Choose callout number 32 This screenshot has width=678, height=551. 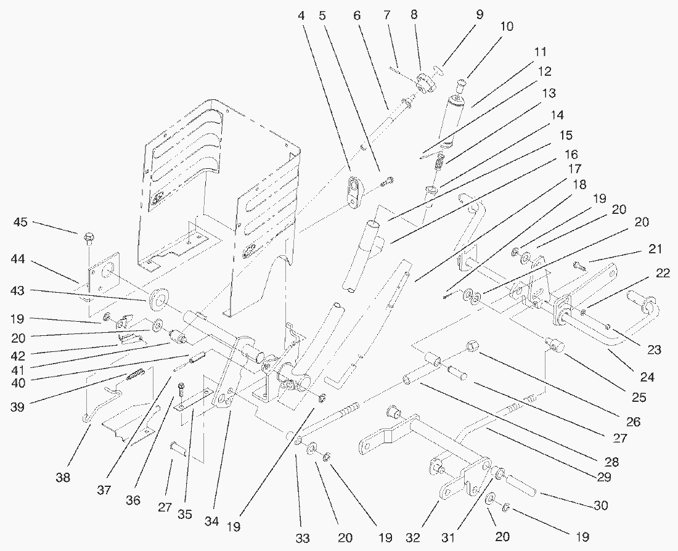click(413, 537)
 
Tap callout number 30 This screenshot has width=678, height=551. click(601, 505)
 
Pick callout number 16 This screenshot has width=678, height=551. click(571, 154)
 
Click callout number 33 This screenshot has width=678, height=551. click(301, 537)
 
